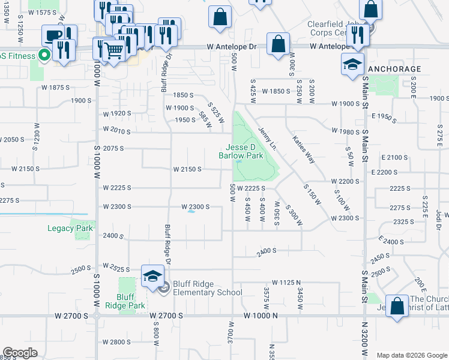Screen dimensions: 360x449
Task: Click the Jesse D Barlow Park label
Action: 244,152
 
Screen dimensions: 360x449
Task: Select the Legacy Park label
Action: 70,228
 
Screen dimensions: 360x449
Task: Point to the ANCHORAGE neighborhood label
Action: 394,69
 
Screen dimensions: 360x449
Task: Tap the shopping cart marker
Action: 113,50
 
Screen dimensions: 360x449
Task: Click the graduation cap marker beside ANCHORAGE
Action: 352,64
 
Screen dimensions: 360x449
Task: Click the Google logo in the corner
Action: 20,353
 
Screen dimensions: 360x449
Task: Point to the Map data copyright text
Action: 412,355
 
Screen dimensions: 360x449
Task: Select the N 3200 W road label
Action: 364,339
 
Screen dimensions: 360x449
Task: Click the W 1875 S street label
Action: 56,88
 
